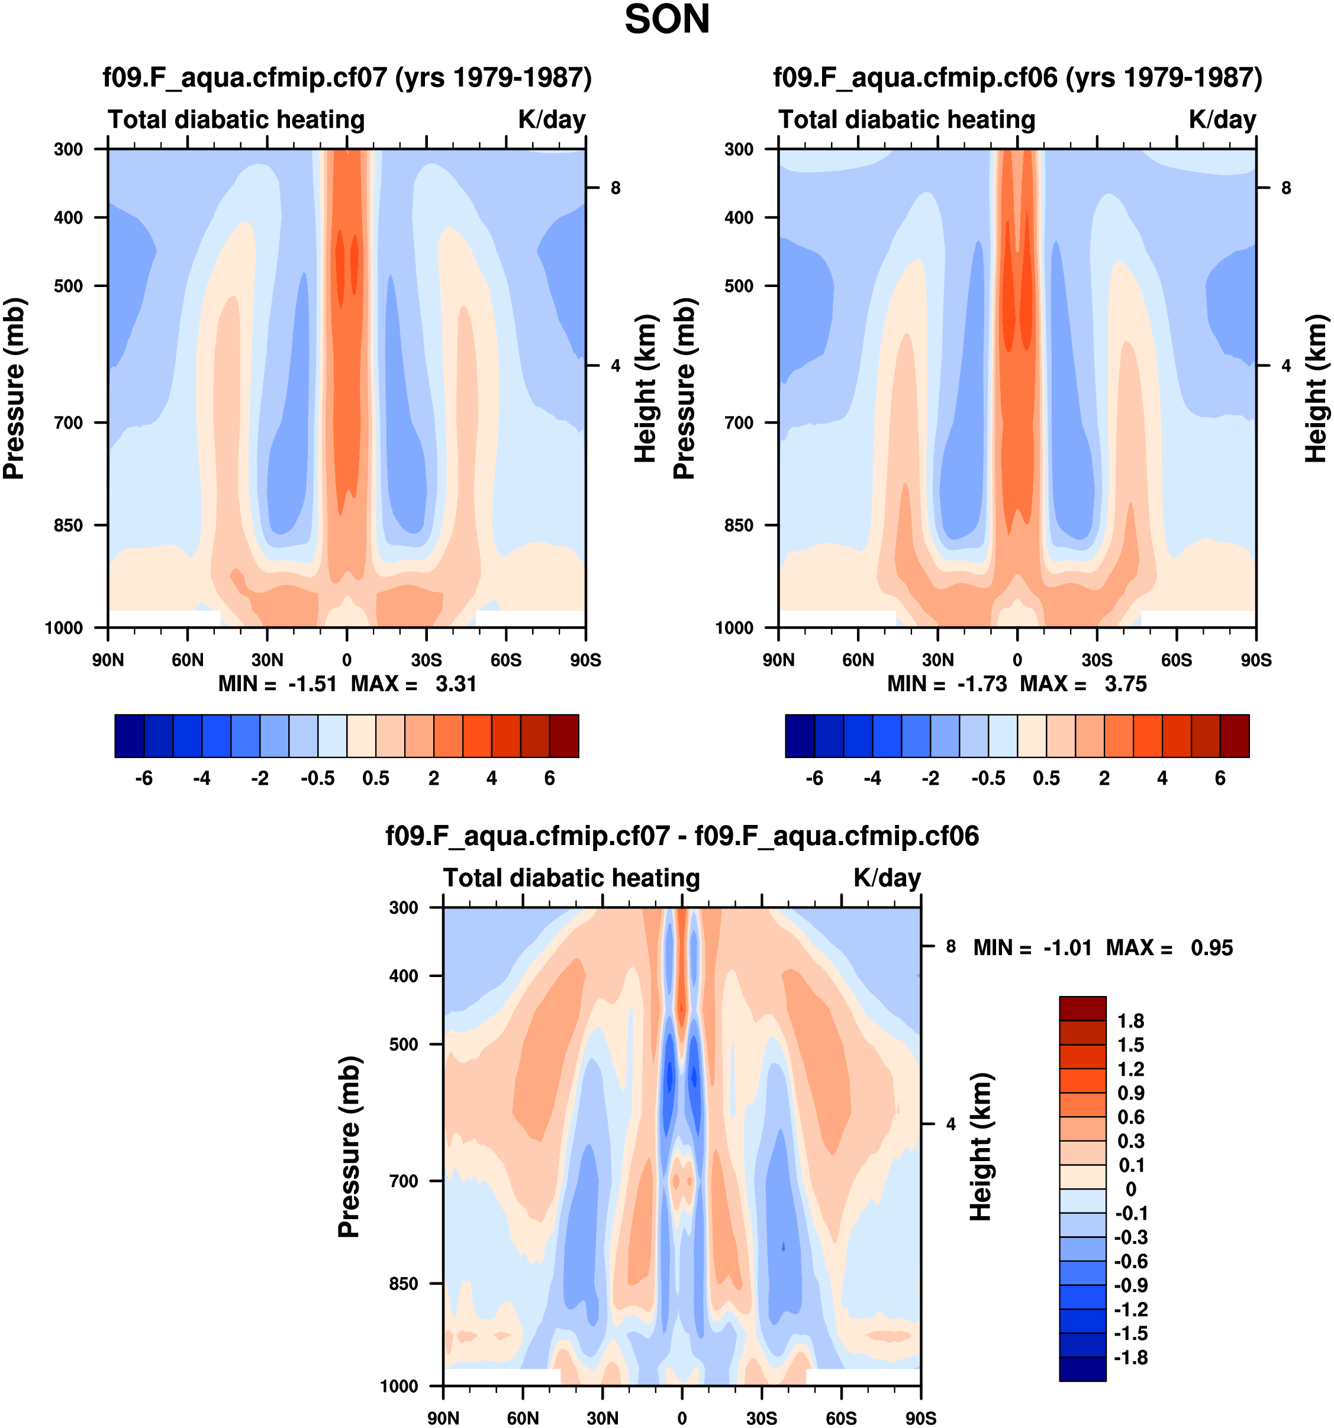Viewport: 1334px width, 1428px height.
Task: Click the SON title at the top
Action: (x=666, y=20)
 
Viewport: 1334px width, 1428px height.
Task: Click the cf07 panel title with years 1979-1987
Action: (x=347, y=77)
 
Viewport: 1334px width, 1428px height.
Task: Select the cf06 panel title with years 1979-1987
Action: (x=1017, y=77)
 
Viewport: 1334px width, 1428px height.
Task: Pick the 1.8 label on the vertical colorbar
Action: (x=1130, y=1021)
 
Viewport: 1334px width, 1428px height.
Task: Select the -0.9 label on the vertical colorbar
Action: (x=1130, y=1285)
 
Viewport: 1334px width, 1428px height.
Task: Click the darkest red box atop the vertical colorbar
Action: (x=1082, y=1008)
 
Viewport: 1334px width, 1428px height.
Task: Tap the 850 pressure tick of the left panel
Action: (x=69, y=525)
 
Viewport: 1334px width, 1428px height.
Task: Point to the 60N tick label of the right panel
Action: (x=858, y=659)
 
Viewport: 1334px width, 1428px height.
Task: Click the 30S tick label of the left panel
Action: (x=427, y=659)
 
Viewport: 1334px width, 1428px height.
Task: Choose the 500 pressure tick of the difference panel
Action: (x=404, y=1044)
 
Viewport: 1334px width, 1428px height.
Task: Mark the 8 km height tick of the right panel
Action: (x=1286, y=188)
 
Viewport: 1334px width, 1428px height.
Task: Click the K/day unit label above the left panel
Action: (x=552, y=119)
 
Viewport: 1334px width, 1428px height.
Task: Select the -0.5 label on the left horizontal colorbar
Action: (x=317, y=778)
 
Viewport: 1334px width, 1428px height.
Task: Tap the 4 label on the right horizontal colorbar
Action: (x=1162, y=778)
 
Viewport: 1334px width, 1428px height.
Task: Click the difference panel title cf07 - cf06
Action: (x=682, y=836)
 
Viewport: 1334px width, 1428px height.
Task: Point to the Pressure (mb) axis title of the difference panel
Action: (x=349, y=1147)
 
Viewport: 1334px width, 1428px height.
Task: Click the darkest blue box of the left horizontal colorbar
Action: (x=129, y=736)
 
